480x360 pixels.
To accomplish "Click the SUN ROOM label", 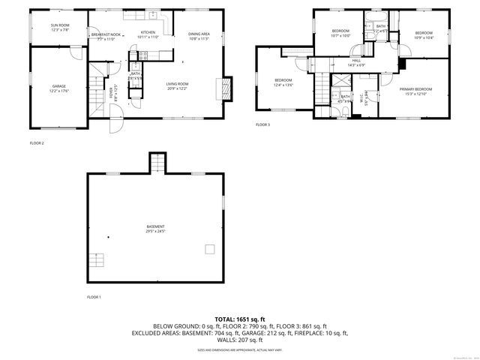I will click(59, 25).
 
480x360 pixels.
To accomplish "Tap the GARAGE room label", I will click(58, 86).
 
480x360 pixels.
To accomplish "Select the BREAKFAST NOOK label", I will click(106, 34).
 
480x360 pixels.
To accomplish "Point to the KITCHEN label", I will click(148, 32).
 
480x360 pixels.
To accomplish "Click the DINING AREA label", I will click(199, 34).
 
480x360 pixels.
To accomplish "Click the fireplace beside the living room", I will click(223, 89).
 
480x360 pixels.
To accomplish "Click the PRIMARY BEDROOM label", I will click(415, 88).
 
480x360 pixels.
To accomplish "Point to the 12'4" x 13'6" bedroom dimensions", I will click(283, 85).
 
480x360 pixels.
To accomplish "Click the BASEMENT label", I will click(155, 226).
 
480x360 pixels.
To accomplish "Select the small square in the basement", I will click(210, 249).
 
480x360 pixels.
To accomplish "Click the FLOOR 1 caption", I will click(94, 297).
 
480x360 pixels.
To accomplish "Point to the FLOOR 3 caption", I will click(262, 124).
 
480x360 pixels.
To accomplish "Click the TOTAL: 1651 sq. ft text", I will click(240, 319).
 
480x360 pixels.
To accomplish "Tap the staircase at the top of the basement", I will click(156, 163).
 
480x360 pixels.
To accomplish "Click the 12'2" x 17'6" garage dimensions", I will click(58, 91).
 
